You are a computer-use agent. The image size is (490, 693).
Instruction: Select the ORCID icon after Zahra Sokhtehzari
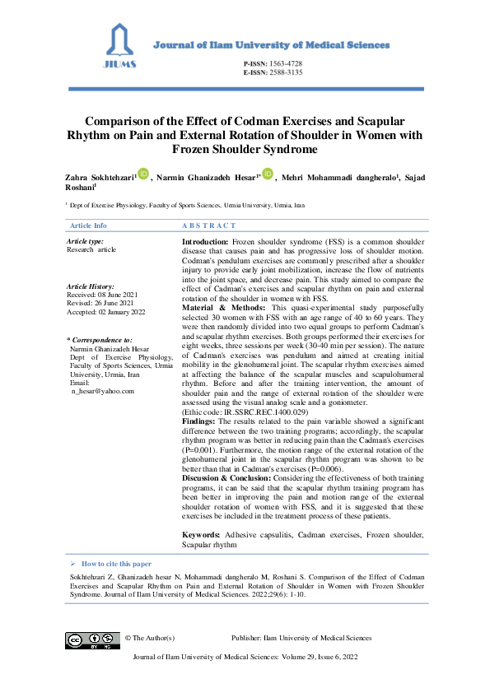(x=142, y=174)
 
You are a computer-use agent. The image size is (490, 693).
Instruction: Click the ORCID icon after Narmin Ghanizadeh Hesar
(x=267, y=174)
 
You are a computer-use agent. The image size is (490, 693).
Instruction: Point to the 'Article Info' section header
(x=88, y=225)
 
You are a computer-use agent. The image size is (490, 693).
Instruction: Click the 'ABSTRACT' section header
(x=208, y=225)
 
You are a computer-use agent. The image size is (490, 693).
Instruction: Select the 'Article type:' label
(x=84, y=240)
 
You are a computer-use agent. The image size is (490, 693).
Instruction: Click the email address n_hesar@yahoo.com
(x=102, y=392)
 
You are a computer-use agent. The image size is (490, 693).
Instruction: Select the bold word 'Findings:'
(x=198, y=420)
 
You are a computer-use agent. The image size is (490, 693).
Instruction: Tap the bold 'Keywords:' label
(x=201, y=535)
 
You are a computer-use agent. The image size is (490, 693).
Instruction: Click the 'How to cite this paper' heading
(x=116, y=564)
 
